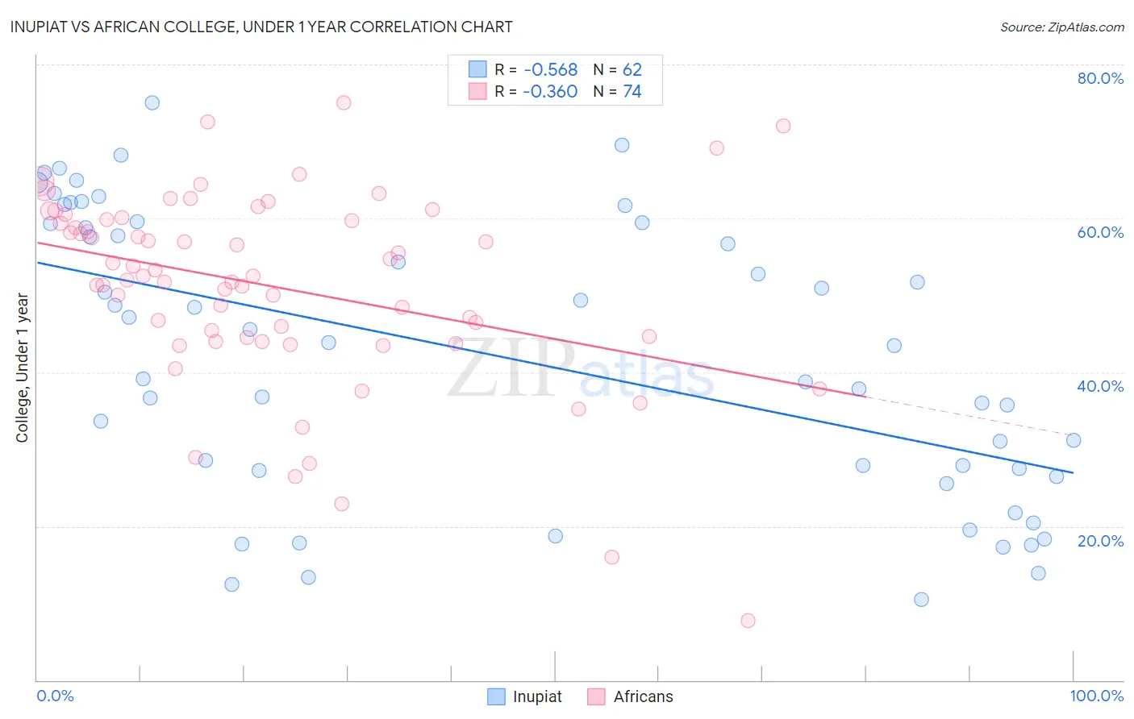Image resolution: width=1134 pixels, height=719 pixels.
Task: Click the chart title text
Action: pos(261,27)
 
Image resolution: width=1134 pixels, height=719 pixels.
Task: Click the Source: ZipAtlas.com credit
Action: pos(1061,27)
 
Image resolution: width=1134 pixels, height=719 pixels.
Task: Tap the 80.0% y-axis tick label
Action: pos(1100,78)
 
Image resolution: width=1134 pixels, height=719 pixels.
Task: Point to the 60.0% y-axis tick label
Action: pos(1100,232)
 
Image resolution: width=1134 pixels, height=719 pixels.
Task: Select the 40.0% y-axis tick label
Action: pos(1100,386)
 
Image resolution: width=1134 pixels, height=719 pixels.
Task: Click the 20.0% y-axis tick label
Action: pos(1100,541)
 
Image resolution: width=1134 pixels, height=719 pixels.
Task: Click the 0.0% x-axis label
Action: pos(55,696)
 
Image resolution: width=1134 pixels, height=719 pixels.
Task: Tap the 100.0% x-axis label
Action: pos(1096,696)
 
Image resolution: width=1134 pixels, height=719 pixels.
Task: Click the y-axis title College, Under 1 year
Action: pos(22,368)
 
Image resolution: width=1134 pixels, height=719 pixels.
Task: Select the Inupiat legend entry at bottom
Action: pos(524,696)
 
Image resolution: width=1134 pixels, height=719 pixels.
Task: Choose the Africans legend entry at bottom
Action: pos(630,696)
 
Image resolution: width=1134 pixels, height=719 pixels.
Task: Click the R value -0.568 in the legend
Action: pos(550,70)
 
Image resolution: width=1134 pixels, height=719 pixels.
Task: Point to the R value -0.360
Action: pos(550,92)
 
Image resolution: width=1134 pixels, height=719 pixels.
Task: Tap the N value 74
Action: pos(632,92)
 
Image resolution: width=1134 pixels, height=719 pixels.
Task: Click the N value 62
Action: pos(632,70)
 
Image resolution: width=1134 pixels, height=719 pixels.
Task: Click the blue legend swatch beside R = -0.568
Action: pos(477,69)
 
